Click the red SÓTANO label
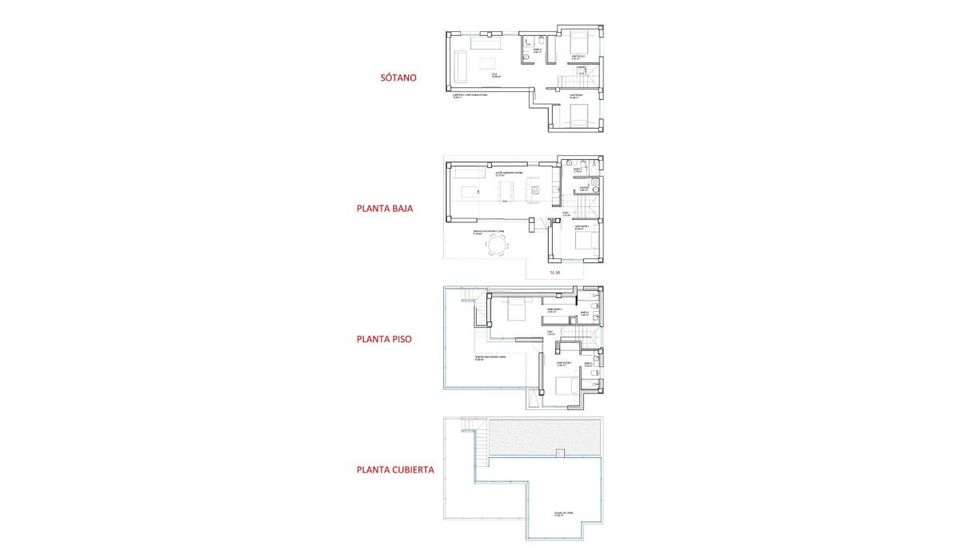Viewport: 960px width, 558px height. pos(401,78)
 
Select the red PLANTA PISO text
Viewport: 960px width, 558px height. pos(384,339)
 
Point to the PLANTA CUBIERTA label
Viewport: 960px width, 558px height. pos(395,470)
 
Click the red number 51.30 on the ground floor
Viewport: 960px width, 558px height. pos(555,273)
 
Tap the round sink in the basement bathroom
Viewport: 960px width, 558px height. pos(526,58)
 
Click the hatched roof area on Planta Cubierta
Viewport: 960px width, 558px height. pos(544,436)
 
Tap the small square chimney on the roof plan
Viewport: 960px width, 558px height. pos(560,454)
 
